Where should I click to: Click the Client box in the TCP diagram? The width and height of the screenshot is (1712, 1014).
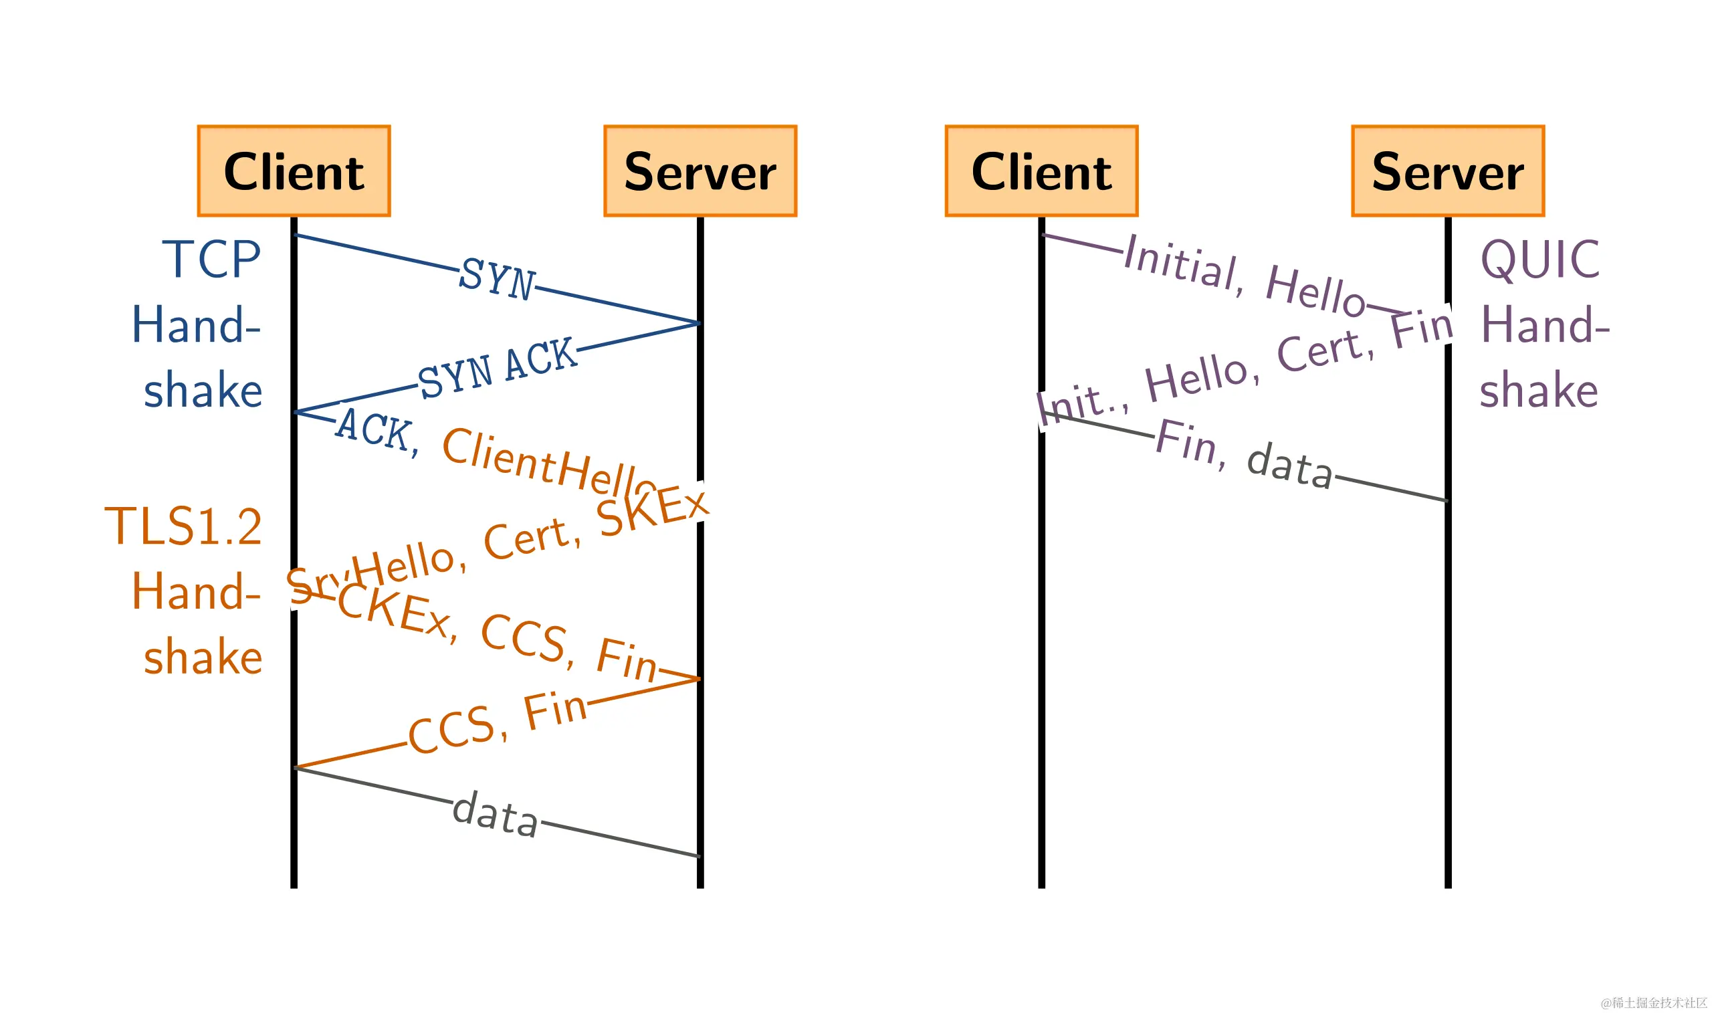tap(294, 171)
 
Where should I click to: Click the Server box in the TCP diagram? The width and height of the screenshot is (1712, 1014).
tap(700, 171)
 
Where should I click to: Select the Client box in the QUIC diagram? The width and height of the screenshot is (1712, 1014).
tap(1041, 171)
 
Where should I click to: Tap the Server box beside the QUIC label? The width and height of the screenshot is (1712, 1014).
tap(1447, 171)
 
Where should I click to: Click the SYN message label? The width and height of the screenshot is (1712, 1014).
tap(496, 279)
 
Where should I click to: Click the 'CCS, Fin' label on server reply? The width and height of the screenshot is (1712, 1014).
tap(498, 724)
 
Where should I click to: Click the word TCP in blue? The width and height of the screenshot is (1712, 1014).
tap(212, 260)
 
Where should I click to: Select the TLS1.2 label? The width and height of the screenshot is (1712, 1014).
tap(183, 527)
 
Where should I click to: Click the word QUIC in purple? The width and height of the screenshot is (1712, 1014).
tap(1540, 260)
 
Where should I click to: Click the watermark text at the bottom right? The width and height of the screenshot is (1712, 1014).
tap(1653, 1003)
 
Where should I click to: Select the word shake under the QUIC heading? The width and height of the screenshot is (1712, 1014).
tap(1539, 391)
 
